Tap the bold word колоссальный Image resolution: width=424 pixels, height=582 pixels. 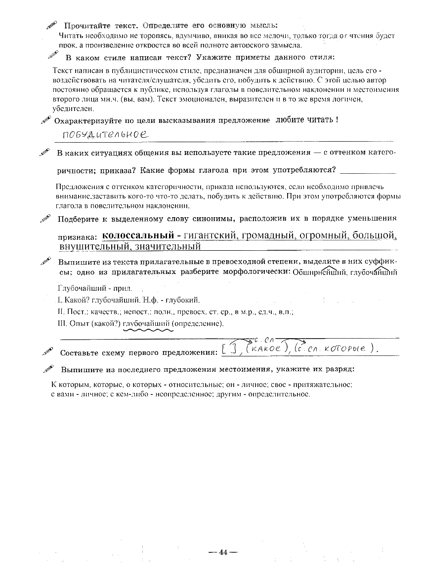(138, 235)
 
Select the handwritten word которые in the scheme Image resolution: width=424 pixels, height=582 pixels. (346, 349)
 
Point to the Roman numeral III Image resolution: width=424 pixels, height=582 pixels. (61, 324)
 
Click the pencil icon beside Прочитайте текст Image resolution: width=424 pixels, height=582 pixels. (52, 24)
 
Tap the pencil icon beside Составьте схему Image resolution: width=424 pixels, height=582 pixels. (48, 352)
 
